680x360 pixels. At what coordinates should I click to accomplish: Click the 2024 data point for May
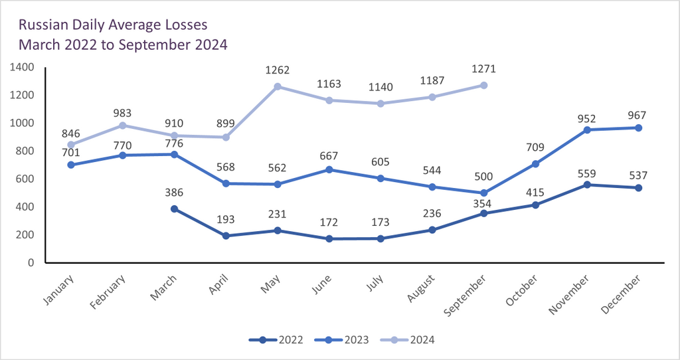[x=278, y=86]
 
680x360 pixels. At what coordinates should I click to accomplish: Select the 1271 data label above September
[x=483, y=69]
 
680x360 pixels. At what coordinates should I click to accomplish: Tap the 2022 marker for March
[x=174, y=209]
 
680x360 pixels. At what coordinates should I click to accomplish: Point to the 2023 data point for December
[x=639, y=128]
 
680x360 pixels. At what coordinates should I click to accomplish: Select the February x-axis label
[x=108, y=290]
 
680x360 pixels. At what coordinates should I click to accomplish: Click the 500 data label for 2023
[x=483, y=177]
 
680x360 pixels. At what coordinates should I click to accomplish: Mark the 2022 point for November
[x=587, y=185]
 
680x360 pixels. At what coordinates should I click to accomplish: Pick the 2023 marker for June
[x=329, y=169]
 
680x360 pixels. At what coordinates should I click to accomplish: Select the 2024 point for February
[x=122, y=125]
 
